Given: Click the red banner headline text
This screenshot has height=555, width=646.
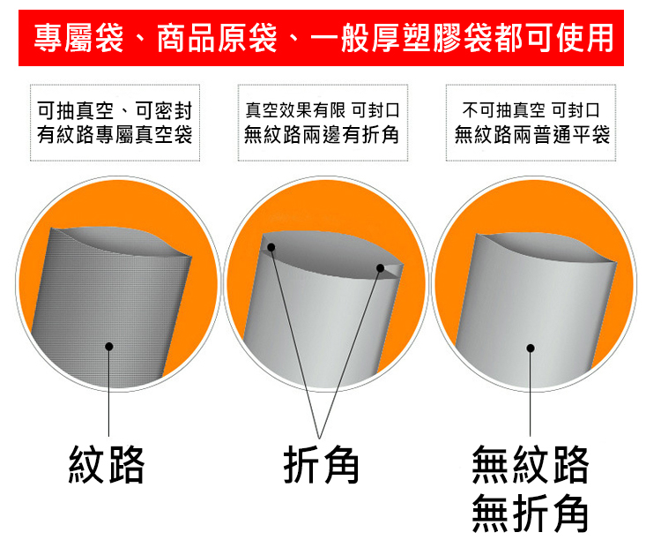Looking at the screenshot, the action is pos(323,38).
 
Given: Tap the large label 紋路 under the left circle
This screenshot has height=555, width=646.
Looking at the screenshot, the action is pos(107,464).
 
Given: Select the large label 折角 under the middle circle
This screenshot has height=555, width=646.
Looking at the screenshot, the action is pos(321,464).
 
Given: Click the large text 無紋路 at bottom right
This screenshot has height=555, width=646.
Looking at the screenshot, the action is pos(531,464).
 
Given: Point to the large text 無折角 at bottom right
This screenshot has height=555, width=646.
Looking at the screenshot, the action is pos(531,513).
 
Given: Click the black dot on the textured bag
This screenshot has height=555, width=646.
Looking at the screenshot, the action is pos(109,347).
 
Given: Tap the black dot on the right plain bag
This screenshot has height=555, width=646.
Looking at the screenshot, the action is pos(531,349).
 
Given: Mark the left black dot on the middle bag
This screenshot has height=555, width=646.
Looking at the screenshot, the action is pos(271,247).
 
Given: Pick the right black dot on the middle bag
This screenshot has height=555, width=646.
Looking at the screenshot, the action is pos(380,268).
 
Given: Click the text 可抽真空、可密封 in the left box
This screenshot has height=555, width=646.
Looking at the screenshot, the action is pos(115,110).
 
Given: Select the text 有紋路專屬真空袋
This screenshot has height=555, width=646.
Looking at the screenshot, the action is pos(115,134).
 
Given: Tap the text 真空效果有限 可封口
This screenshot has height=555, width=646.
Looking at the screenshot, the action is pos(323,110).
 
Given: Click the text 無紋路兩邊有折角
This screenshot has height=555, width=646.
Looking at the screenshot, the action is pos(322,134).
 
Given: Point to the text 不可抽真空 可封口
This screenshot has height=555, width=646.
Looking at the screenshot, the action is pos(531,110).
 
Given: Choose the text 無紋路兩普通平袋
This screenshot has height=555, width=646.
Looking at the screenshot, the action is pos(532,134).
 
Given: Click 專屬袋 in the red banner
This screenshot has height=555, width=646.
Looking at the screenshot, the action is pos(78,38).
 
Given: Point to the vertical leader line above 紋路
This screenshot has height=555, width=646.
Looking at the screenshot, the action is pos(108,391).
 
